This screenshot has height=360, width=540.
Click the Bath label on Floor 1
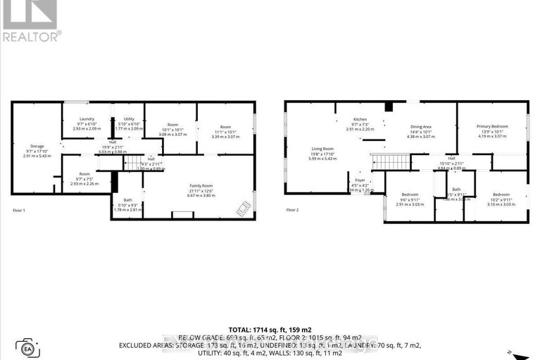click(126, 204)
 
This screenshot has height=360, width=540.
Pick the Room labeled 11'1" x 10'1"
click(225, 129)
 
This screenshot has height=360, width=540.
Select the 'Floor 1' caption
click(22, 210)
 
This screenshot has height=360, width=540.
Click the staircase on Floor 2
click(387, 161)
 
